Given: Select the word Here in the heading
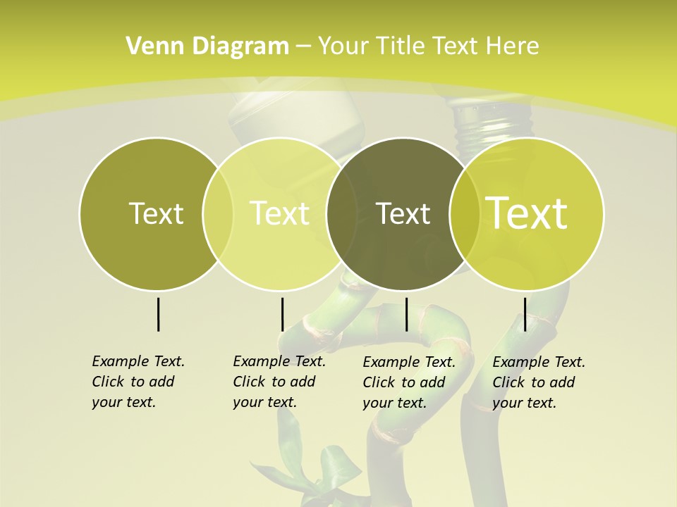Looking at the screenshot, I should click(x=513, y=46).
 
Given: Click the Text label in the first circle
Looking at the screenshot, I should click(x=156, y=213).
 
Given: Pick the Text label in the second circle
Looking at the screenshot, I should click(x=279, y=213).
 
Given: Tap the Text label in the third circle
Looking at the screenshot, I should click(x=403, y=213).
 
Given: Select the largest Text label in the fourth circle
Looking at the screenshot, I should click(x=526, y=213).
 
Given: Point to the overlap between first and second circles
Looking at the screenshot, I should click(x=218, y=214).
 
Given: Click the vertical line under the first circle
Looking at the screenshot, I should click(x=158, y=314).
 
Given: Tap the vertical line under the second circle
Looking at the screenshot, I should click(x=282, y=314).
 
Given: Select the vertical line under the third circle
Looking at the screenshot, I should click(x=406, y=314).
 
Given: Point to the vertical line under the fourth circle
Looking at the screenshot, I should click(x=525, y=314).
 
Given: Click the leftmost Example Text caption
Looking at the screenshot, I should click(x=138, y=382).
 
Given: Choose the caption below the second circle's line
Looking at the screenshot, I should click(x=279, y=382).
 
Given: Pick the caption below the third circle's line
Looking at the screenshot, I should click(x=408, y=382).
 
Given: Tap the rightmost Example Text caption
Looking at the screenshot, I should click(x=538, y=382).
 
